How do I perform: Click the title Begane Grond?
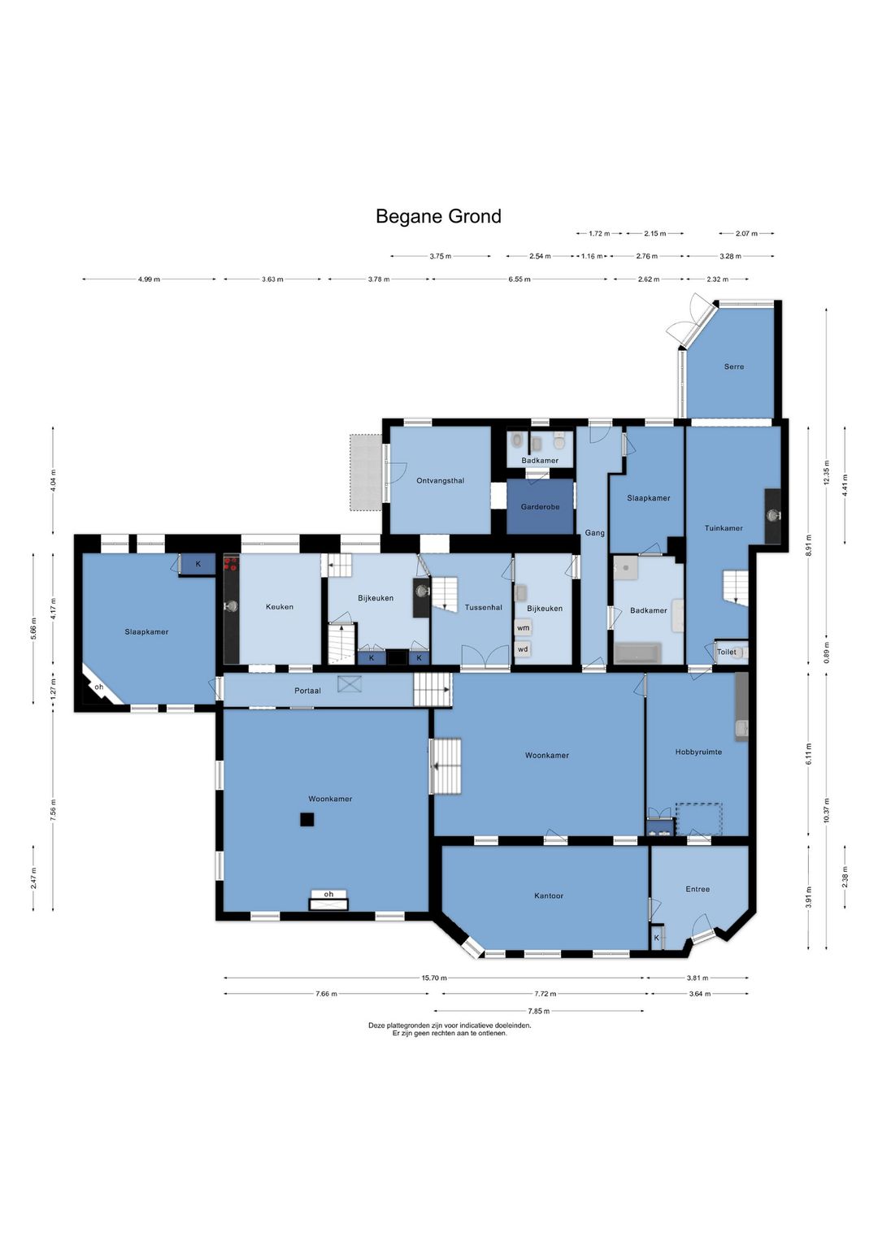438,216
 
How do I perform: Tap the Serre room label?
734,366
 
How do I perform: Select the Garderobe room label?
540,506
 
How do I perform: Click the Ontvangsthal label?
441,480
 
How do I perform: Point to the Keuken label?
279,607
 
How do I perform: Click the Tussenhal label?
484,607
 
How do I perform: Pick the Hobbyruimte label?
698,752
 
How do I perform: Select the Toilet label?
727,652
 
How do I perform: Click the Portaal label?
307,691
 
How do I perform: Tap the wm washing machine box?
523,628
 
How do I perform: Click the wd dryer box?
523,648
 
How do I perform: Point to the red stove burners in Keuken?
231,564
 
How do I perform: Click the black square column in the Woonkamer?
306,819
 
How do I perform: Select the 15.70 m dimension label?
434,978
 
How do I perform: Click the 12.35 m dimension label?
826,473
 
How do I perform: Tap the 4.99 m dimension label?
149,280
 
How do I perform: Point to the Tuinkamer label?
724,528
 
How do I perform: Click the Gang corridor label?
594,533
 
